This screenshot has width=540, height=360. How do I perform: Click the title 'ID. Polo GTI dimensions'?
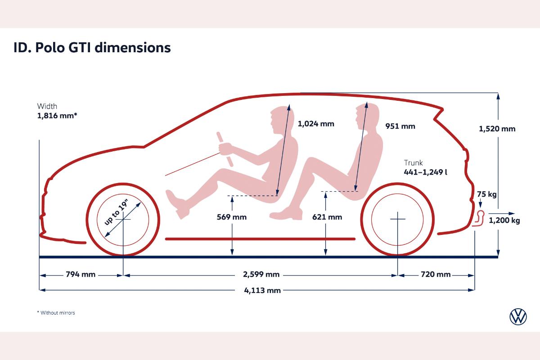[92, 48]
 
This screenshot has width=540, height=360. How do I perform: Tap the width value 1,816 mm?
[57, 116]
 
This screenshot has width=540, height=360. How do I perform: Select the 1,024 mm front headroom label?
[316, 124]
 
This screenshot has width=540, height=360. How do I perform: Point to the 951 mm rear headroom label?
[400, 126]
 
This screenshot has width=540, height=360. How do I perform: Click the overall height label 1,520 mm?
[497, 129]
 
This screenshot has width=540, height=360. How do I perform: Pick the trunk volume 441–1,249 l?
[426, 172]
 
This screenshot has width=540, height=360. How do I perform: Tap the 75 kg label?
[487, 194]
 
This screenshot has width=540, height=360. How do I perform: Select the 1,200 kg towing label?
[504, 220]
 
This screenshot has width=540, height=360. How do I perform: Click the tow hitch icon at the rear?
[478, 218]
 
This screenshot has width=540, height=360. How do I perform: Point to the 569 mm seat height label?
[232, 217]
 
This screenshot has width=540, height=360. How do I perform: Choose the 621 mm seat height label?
[327, 217]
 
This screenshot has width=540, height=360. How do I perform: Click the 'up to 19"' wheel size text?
[117, 212]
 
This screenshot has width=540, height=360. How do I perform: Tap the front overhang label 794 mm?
[81, 274]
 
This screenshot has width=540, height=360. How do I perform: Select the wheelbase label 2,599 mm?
[261, 274]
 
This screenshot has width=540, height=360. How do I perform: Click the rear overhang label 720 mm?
[436, 274]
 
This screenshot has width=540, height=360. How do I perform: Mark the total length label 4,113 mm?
[262, 290]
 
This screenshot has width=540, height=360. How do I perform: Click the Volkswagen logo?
[518, 317]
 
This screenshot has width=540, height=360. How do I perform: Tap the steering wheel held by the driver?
[225, 149]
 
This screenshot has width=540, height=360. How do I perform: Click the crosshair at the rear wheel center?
[398, 219]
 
